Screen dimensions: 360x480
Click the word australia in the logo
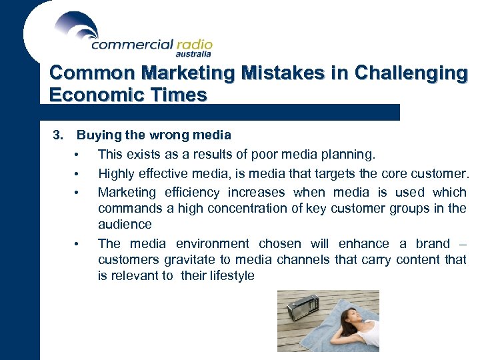[194, 54]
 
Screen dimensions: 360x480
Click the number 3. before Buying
[58, 135]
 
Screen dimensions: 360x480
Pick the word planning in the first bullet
[351, 155]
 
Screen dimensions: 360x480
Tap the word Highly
[116, 174]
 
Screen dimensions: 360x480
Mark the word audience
[125, 225]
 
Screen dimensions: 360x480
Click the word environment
[213, 244]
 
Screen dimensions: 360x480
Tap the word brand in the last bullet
[433, 244]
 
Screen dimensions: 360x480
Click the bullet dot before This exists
[77, 155]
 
